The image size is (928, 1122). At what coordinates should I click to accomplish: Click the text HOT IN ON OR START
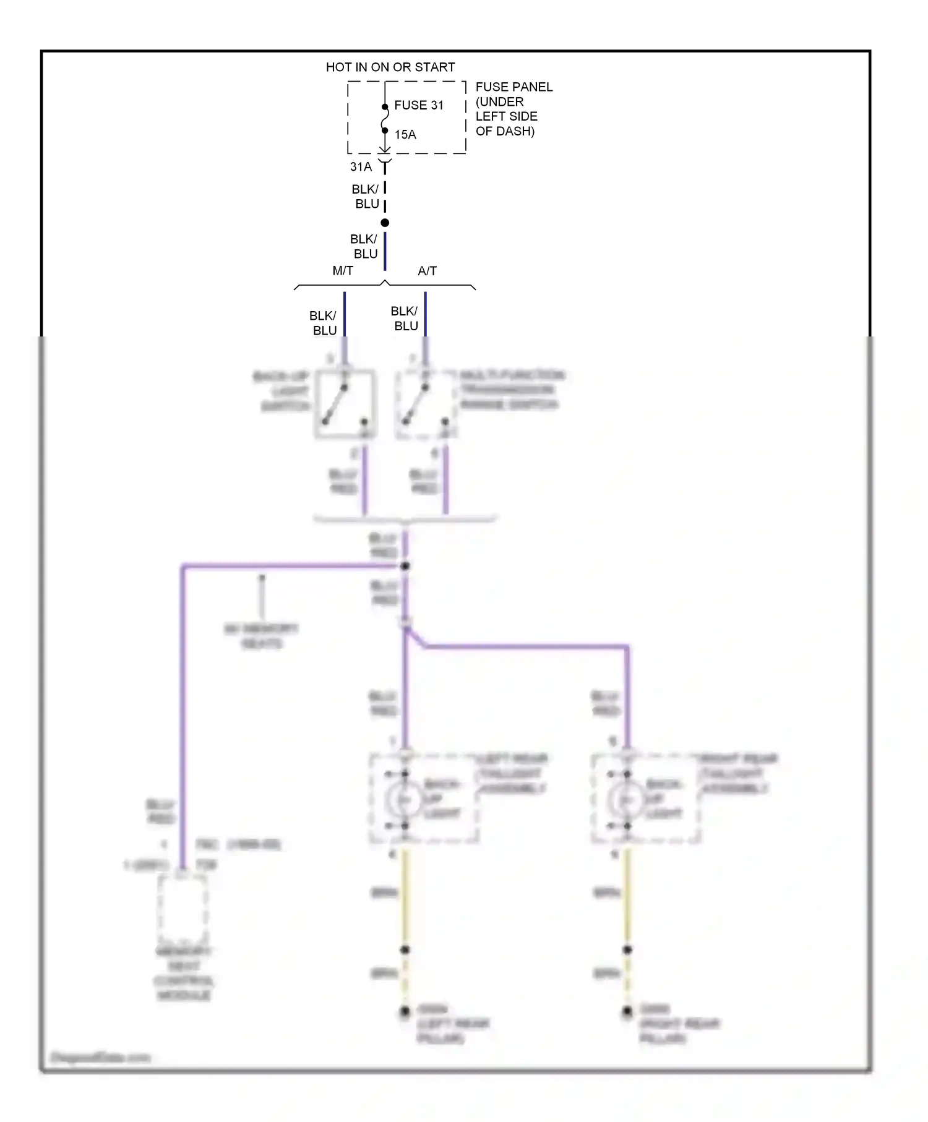[390, 67]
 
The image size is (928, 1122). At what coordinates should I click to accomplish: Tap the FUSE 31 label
[419, 105]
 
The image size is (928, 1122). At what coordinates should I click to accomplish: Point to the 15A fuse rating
[405, 134]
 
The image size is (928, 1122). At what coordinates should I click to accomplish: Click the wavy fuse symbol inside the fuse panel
[385, 119]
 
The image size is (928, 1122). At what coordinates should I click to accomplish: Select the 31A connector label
[361, 166]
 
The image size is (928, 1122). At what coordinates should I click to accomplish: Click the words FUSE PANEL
[513, 87]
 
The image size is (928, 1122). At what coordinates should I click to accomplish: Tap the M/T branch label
[343, 271]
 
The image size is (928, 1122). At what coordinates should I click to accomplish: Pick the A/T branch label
[427, 271]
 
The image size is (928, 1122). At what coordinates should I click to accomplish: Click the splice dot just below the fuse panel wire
[385, 223]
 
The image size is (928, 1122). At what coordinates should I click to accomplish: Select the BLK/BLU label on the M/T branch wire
[324, 323]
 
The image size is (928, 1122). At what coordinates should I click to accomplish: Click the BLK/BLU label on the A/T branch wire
[405, 318]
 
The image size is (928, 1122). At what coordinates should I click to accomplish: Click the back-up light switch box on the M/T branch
[345, 404]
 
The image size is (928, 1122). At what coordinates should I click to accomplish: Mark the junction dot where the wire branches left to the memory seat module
[405, 566]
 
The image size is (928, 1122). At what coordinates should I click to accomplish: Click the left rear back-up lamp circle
[402, 800]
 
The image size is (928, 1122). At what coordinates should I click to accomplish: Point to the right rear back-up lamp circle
[624, 800]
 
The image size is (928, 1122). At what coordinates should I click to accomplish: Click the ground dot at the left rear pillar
[405, 1012]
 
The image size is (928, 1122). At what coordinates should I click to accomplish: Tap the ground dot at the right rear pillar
[627, 1012]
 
